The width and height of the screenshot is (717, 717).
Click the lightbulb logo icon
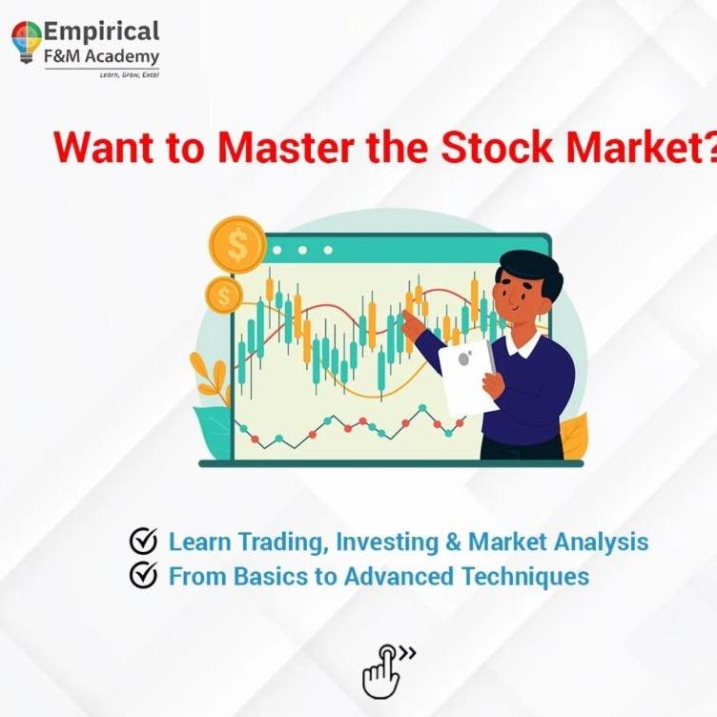pyautogui.click(x=27, y=42)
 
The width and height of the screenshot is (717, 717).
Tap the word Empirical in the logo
pyautogui.click(x=101, y=32)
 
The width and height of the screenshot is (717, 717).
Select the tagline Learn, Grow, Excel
pyautogui.click(x=130, y=74)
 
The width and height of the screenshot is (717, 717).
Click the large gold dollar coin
pyautogui.click(x=237, y=245)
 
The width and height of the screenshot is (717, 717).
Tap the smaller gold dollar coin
pyautogui.click(x=224, y=296)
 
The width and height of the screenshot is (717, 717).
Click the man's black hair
pyautogui.click(x=531, y=273)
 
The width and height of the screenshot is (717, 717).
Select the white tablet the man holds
pyautogui.click(x=467, y=378)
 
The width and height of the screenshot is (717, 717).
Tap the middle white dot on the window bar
pyautogui.click(x=302, y=250)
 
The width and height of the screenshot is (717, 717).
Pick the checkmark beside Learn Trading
pyautogui.click(x=143, y=541)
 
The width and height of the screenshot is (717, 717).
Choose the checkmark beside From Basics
pyautogui.click(x=143, y=574)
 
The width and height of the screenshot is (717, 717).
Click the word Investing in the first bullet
pyautogui.click(x=387, y=543)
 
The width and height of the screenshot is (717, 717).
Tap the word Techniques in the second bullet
pyautogui.click(x=525, y=576)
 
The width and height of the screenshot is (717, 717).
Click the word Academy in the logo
pyautogui.click(x=122, y=57)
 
